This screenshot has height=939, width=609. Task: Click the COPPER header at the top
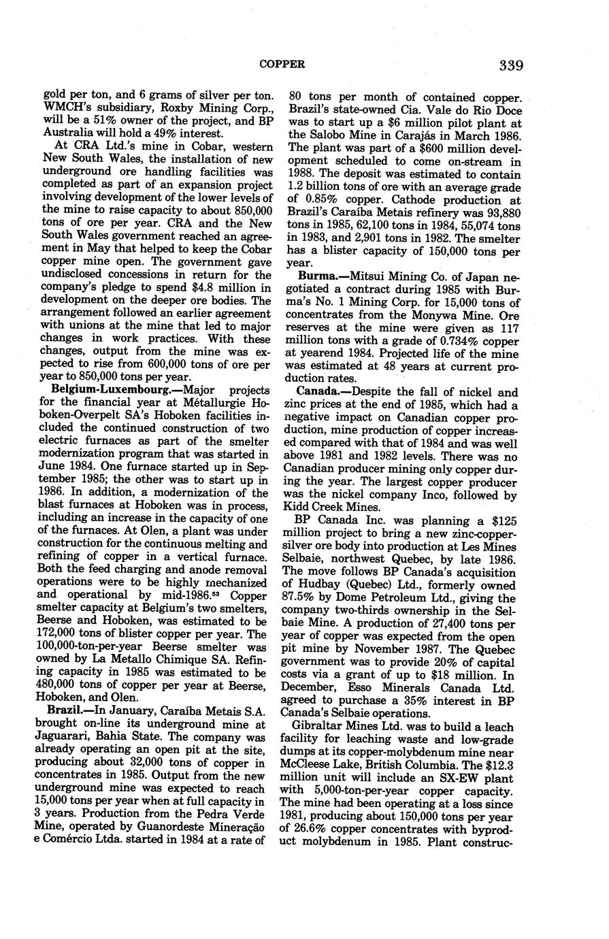coord(282,65)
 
